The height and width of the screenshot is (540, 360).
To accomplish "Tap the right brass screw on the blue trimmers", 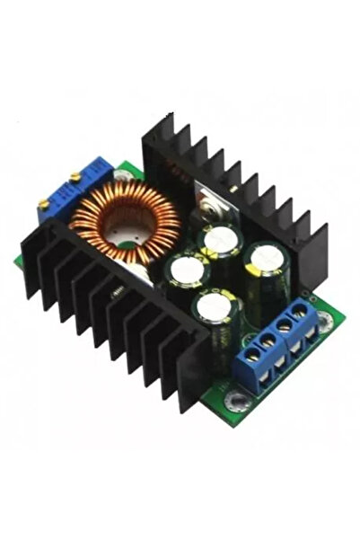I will [75, 178].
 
